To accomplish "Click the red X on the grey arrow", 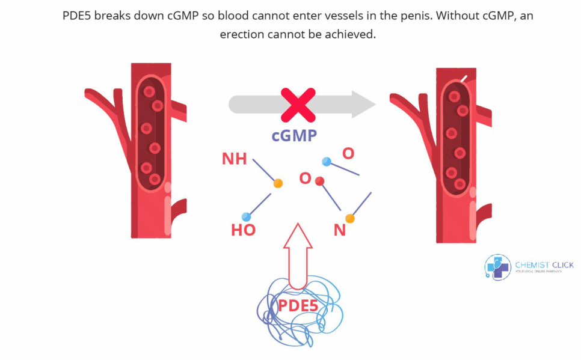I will pos(298,105).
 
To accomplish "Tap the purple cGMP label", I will pos(294,135).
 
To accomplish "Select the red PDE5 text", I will pos(298,305).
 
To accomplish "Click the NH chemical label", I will pos(235,159).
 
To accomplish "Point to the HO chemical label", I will pos(243,230).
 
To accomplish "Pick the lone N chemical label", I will pos(340,230).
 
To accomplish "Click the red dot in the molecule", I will pos(320,180).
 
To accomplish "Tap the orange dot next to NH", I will pos(278,183).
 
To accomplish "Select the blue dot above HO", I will pos(246,216).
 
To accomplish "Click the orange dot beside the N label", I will pos(350,219).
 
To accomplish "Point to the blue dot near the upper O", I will pos(327,161).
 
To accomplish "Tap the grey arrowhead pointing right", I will pos(363,105).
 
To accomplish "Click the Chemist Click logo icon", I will pos(497,267).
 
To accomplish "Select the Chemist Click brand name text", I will pos(544,264).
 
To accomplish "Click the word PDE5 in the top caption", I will pos(79,16).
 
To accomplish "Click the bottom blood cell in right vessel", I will pos(460,184).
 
